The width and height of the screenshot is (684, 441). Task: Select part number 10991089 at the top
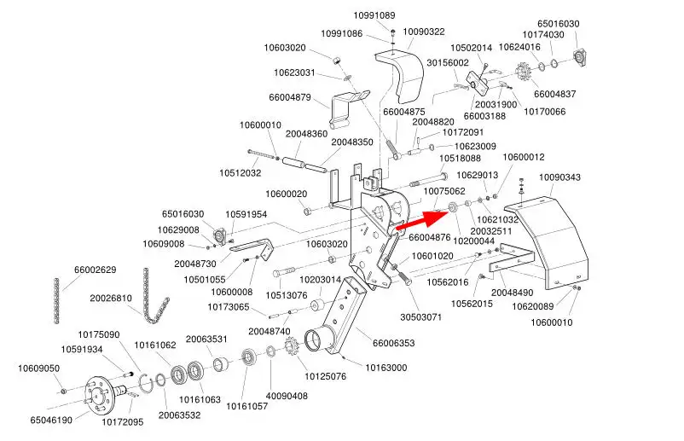tap(374, 15)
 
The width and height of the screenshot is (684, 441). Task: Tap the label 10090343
tap(559, 177)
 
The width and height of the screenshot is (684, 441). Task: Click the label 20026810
tap(111, 299)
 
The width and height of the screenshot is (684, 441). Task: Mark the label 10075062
tap(444, 191)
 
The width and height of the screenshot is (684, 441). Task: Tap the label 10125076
tap(325, 376)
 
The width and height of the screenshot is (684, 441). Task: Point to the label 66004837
tap(554, 94)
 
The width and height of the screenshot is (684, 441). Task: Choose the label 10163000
tap(386, 368)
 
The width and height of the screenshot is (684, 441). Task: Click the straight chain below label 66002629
tap(57, 302)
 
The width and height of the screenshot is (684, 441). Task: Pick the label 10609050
tap(39, 368)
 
